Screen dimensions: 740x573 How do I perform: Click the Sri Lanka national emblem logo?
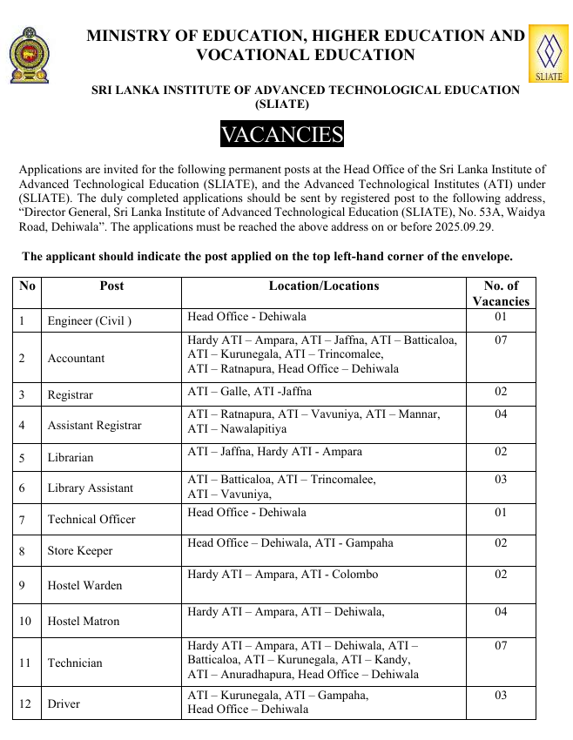pyautogui.click(x=30, y=55)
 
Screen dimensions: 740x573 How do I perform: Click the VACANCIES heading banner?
pyautogui.click(x=282, y=135)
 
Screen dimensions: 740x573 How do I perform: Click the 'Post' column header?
pyautogui.click(x=111, y=286)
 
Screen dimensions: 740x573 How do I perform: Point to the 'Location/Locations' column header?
pyautogui.click(x=324, y=286)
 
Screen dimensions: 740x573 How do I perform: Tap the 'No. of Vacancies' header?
pyautogui.click(x=501, y=293)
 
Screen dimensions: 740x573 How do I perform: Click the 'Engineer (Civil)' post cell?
pyautogui.click(x=90, y=320)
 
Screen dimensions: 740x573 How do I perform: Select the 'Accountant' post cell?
pyautogui.click(x=76, y=358)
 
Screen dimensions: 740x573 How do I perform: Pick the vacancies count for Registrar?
pyautogui.click(x=501, y=392)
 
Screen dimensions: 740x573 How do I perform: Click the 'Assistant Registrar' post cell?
pyautogui.click(x=94, y=426)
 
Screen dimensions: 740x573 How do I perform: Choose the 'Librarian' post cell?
pyautogui.click(x=71, y=457)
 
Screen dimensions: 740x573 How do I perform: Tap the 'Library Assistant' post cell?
pyautogui.click(x=91, y=488)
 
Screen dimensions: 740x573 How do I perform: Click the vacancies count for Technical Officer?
pyautogui.click(x=501, y=513)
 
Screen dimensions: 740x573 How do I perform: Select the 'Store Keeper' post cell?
pyautogui.click(x=80, y=550)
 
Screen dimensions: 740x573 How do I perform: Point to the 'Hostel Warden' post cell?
pyautogui.click(x=84, y=585)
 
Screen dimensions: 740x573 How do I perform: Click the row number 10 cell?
pyautogui.click(x=26, y=621)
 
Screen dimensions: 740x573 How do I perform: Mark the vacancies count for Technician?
pyautogui.click(x=501, y=646)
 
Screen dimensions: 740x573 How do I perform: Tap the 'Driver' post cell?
pyautogui.click(x=64, y=703)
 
